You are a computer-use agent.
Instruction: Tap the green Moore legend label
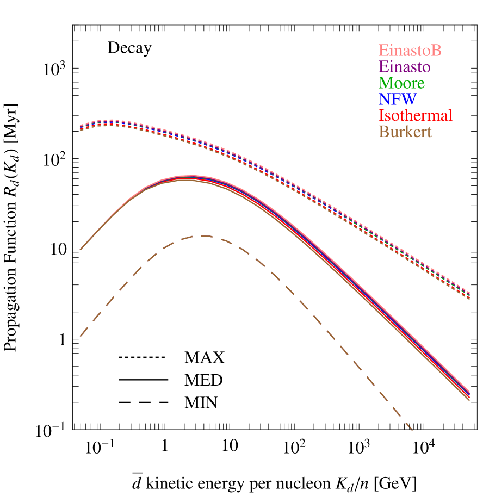click(x=402, y=83)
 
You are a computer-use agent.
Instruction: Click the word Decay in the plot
click(x=129, y=48)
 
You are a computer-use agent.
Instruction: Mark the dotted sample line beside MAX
click(x=141, y=358)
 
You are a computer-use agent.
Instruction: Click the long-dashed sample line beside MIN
click(x=141, y=402)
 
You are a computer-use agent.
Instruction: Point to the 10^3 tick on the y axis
click(x=54, y=69)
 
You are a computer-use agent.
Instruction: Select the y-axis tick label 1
click(x=61, y=340)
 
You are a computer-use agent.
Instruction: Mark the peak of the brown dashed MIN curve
click(x=204, y=235)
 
